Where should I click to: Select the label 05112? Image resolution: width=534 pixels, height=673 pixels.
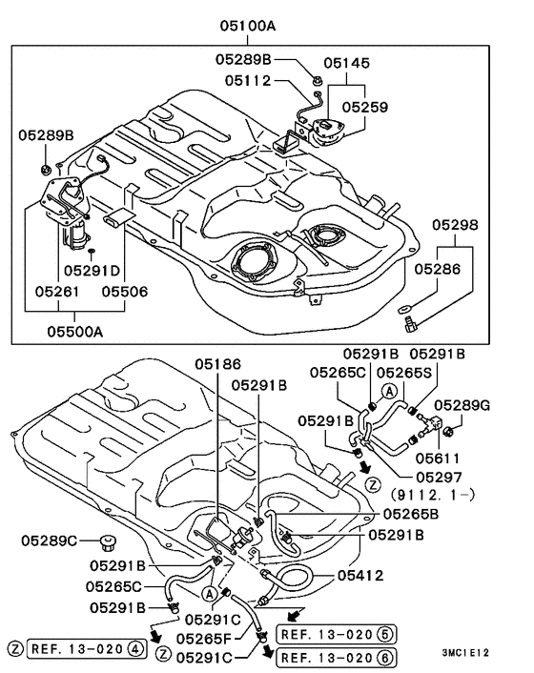[x=248, y=81]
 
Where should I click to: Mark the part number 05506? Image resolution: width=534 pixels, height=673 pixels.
[x=124, y=291]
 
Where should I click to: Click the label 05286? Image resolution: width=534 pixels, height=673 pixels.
[x=456, y=270]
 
